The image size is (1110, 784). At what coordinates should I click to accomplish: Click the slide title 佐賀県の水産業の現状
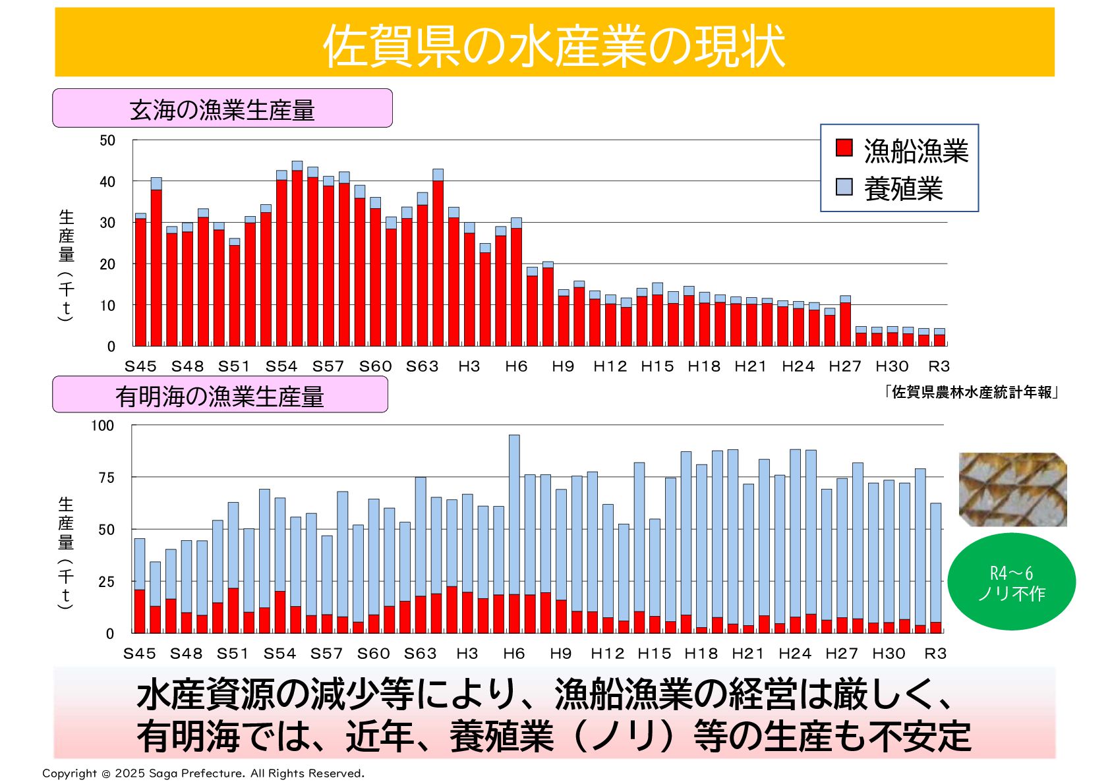(x=554, y=45)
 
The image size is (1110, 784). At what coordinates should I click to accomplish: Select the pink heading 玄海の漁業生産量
(x=222, y=109)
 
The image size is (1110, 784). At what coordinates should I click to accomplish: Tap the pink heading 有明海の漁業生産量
(x=219, y=395)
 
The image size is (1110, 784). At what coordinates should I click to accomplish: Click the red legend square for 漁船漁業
(x=844, y=148)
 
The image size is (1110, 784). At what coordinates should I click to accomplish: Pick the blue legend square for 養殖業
(x=844, y=187)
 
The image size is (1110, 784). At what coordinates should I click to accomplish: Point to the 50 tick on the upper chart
(x=107, y=140)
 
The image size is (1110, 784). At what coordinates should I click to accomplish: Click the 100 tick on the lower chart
(x=103, y=426)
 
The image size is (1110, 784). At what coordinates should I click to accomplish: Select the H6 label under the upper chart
(x=516, y=366)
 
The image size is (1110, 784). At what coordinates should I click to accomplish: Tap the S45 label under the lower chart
(x=140, y=654)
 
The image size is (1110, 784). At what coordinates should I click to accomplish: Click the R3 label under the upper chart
(x=939, y=366)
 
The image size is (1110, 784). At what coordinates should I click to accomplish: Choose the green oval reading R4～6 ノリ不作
(x=1011, y=582)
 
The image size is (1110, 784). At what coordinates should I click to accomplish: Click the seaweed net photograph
(x=1012, y=489)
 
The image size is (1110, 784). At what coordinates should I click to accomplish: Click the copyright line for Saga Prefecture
(x=203, y=773)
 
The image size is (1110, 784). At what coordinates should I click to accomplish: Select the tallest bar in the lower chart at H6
(x=514, y=534)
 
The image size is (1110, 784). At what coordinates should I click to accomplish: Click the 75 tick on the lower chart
(x=106, y=478)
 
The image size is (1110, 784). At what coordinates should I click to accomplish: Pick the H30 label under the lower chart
(x=889, y=654)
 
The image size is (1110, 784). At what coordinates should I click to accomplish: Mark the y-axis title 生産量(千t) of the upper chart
(x=66, y=264)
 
